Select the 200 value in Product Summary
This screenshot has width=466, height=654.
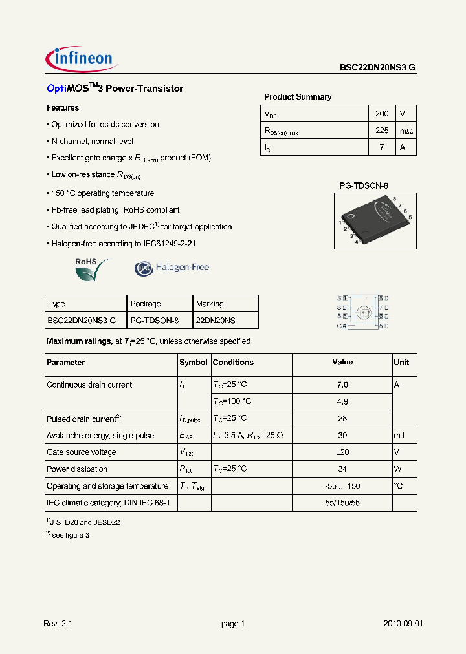click(382, 113)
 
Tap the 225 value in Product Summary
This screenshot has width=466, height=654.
click(382, 131)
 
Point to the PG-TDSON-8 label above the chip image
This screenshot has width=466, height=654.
click(364, 185)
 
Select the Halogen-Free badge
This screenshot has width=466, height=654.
click(172, 268)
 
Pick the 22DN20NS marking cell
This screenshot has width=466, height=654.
click(216, 320)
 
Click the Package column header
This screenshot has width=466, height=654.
click(146, 304)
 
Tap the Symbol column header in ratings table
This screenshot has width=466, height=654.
click(193, 363)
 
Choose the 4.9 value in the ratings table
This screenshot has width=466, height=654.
click(342, 401)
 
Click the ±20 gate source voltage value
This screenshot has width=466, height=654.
click(342, 452)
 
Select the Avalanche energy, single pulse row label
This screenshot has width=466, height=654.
click(100, 436)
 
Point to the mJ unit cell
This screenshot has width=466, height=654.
click(400, 436)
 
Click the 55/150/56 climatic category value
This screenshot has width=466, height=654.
click(342, 502)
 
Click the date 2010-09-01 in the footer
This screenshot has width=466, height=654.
click(403, 624)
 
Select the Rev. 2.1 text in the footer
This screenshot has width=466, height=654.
click(59, 624)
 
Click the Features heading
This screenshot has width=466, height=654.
click(63, 108)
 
